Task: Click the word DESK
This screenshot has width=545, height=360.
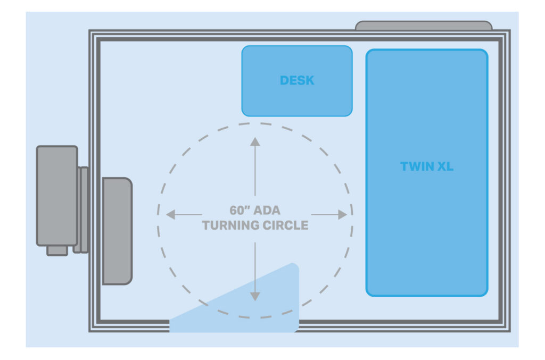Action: click(x=297, y=81)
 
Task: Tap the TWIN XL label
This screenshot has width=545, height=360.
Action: click(x=426, y=166)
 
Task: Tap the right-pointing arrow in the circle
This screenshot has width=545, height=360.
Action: click(x=329, y=215)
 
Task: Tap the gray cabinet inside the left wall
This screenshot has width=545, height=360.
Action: click(x=117, y=231)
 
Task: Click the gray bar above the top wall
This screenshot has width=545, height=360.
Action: click(x=423, y=26)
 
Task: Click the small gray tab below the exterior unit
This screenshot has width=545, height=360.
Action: click(x=57, y=250)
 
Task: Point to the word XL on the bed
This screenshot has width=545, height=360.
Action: click(x=443, y=166)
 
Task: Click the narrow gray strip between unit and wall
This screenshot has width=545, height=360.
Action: click(x=82, y=210)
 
